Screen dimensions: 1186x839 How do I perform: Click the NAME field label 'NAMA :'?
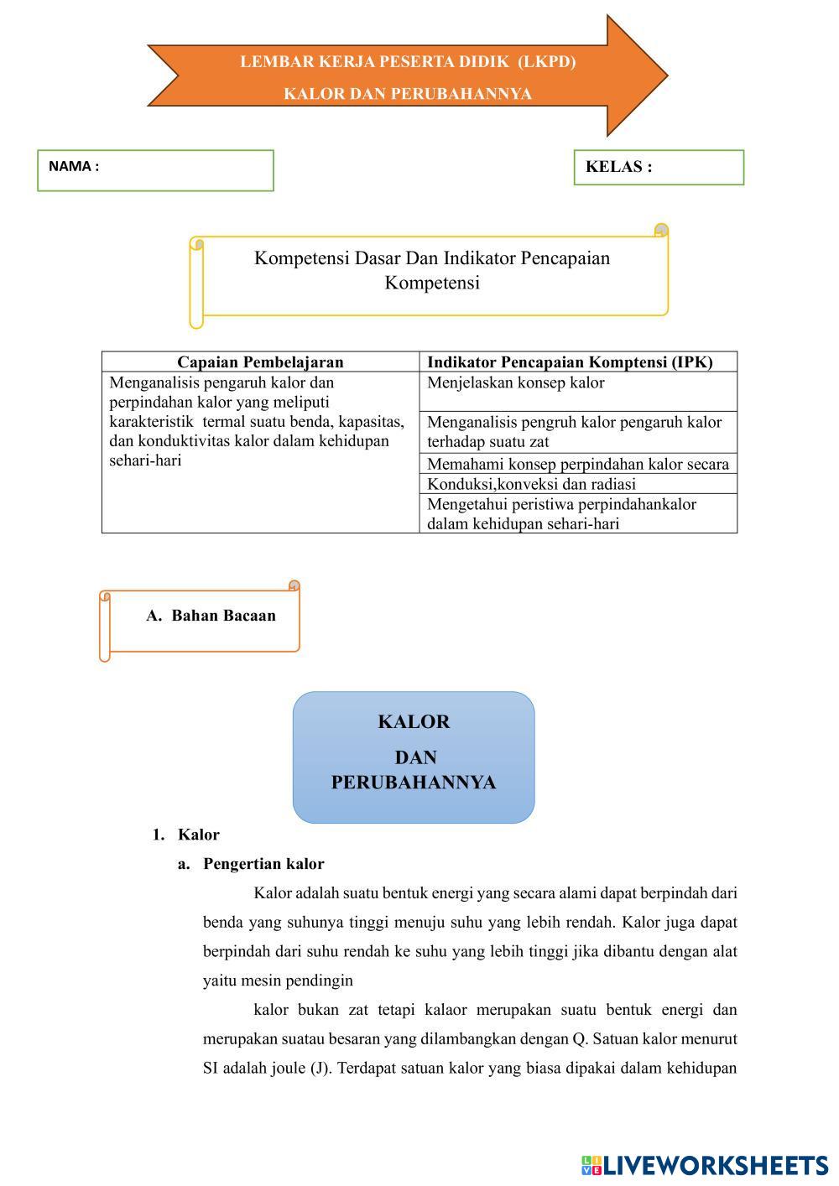pos(74,166)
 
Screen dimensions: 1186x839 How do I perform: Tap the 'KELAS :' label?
pos(618,167)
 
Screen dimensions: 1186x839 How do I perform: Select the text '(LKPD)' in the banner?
pos(546,62)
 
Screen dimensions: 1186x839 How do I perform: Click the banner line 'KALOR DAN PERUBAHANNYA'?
pos(408,94)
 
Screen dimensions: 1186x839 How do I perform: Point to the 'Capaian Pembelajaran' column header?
pos(260,362)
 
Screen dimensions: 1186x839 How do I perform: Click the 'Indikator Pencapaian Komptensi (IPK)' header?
pos(570,362)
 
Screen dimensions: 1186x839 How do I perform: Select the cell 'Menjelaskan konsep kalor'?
pos(516,383)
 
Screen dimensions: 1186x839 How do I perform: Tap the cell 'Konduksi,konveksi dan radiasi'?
pos(531,484)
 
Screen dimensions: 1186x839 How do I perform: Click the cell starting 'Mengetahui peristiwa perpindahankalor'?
pos(561,504)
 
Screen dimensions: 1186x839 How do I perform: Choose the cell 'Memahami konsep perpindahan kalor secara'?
pos(578,464)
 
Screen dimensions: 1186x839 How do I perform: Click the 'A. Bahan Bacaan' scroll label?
pos(211,616)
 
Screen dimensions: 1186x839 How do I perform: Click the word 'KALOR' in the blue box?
pos(414,722)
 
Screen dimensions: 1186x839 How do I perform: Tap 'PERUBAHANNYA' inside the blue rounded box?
pos(414,783)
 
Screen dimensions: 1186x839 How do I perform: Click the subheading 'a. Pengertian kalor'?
pos(263,864)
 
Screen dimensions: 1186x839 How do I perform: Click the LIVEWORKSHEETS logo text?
pos(715,1165)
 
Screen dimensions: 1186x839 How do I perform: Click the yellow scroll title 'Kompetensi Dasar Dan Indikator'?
pos(432,258)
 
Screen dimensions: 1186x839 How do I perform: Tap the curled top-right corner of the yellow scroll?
pos(661,231)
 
